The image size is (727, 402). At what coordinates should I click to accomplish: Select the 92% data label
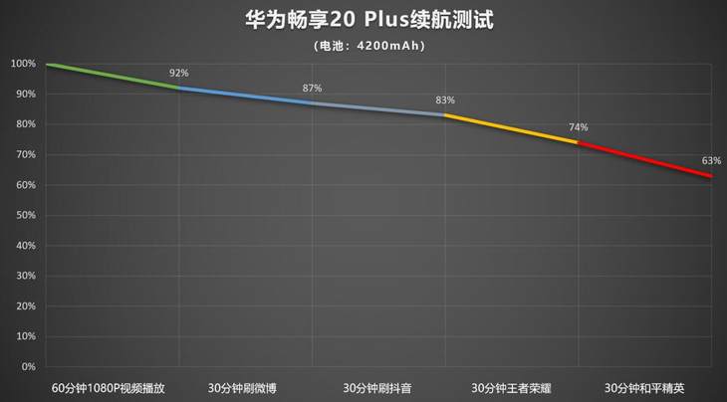click(x=179, y=73)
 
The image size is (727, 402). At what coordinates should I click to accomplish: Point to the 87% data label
click(x=312, y=89)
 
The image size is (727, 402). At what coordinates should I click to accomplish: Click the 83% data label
click(x=444, y=100)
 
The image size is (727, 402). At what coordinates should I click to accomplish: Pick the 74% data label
click(x=578, y=127)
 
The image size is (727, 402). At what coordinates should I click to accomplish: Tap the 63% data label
click(x=710, y=160)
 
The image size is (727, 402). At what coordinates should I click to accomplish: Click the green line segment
click(x=113, y=76)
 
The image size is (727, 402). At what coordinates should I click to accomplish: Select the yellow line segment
click(x=511, y=128)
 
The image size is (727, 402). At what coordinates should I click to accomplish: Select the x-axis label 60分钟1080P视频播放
click(x=112, y=387)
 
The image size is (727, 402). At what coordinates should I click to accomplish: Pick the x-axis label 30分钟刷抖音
click(x=377, y=387)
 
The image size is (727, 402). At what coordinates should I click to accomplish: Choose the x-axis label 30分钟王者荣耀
click(x=510, y=387)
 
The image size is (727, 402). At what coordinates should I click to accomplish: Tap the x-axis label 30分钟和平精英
click(x=644, y=387)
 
